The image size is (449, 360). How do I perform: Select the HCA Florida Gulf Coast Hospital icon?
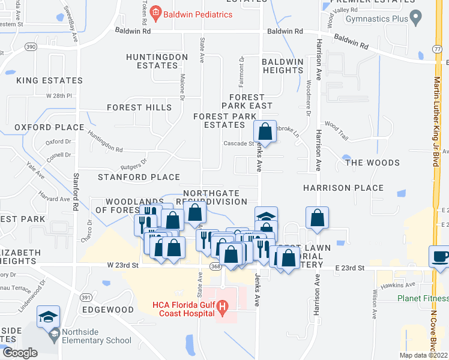pos(223,309)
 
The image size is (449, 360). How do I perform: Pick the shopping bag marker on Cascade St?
pos(265,131)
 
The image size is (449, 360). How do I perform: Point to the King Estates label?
pos(49,80)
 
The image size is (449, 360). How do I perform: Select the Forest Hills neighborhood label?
pos(139,107)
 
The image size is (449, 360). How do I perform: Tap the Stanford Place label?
pos(139,177)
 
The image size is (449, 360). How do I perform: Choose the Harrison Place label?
pos(343,188)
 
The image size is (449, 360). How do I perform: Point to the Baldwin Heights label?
pos(283,66)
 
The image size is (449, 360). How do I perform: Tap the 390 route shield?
pos(31,46)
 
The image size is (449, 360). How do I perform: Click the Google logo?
pos(20,353)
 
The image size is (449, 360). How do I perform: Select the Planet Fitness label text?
pos(423,298)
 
